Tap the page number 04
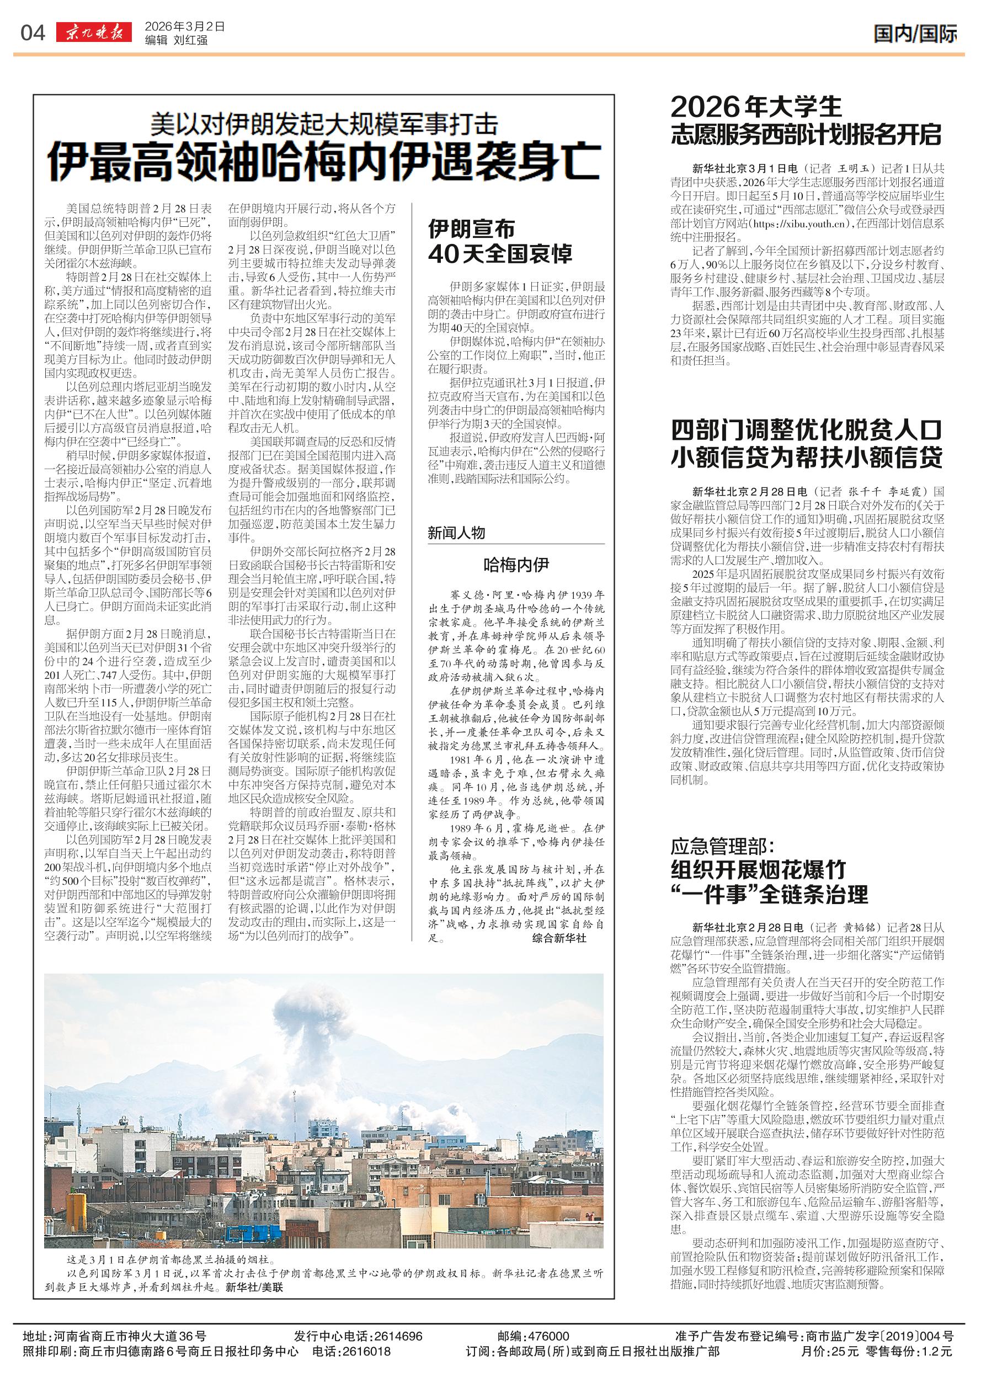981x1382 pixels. pos(33,33)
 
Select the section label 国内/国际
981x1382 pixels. pos(915,34)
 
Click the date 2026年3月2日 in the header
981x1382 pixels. pos(184,26)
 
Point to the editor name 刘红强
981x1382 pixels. pos(190,40)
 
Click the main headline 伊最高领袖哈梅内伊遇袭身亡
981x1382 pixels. pos(324,161)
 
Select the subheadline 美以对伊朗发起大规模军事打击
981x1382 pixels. pos(324,125)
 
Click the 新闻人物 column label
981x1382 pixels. pos(456,533)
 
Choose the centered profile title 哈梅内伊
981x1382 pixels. pos(516,565)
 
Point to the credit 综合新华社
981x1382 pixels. pos(559,938)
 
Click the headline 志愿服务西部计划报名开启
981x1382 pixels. pos(807,134)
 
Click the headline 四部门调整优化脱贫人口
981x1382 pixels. pos(807,431)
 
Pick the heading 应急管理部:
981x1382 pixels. pos(722,846)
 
